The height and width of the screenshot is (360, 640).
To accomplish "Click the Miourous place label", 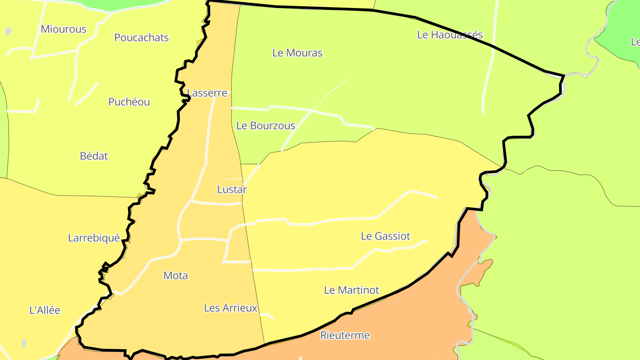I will pos(63,29).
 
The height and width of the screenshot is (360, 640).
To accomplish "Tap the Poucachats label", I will pos(141,38).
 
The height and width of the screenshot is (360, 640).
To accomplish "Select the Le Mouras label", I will pos(297,53).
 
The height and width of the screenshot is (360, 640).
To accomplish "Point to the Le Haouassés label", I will pos(450,35).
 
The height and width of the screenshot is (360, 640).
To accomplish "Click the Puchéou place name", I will pos(129,102).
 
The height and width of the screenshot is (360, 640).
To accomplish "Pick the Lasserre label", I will pos(207,93).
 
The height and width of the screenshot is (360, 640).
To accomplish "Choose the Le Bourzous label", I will pos(265,126).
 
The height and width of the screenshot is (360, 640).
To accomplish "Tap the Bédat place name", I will pos(94,156).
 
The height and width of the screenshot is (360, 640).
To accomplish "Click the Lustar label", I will pos(232,189).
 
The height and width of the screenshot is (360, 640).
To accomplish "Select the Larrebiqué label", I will pos(94,238).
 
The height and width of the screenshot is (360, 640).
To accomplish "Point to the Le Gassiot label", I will pos(385,236).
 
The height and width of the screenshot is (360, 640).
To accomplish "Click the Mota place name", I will pos(176,276).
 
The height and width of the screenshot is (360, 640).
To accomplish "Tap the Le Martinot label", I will pos(351,290).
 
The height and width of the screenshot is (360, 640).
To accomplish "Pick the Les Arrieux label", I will pos(231,308).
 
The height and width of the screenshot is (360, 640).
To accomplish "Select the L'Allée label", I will pos(44,310).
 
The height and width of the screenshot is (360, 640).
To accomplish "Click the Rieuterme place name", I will pos(345,335).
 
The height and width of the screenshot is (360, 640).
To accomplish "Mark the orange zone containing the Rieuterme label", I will pos(400,320).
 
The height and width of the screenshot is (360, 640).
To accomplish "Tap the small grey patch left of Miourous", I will pos(8,32).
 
